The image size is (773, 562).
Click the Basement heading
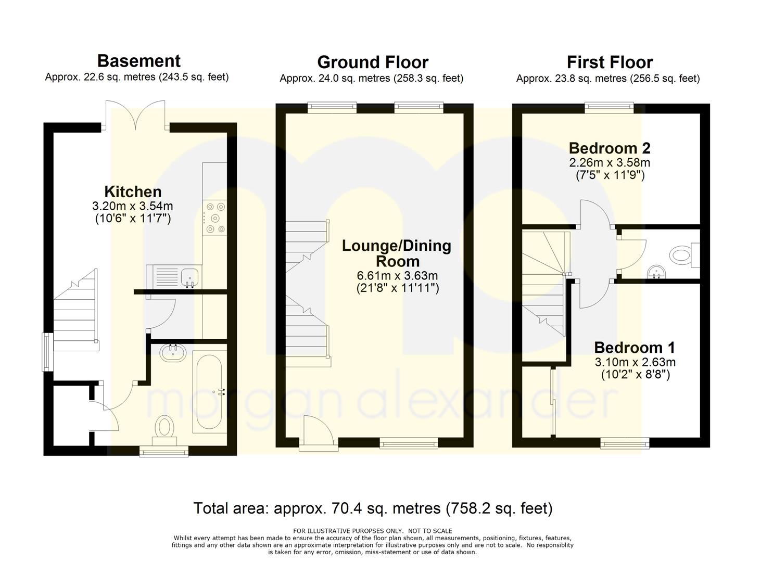pyautogui.click(x=139, y=61)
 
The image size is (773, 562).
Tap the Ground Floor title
pyautogui.click(x=373, y=62)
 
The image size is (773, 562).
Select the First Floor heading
pyautogui.click(x=610, y=62)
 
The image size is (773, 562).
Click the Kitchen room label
pyautogui.click(x=133, y=191)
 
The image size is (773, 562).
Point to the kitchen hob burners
pyautogui.click(x=216, y=218)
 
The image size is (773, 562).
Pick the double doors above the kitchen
pyautogui.click(x=135, y=116)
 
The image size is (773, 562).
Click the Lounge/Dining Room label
pyautogui.click(x=397, y=253)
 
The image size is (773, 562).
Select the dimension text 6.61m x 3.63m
pyautogui.click(x=397, y=276)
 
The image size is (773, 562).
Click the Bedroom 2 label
pyautogui.click(x=610, y=148)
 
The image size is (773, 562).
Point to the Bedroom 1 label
pyautogui.click(x=634, y=348)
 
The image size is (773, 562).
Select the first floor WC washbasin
pyautogui.click(x=657, y=272)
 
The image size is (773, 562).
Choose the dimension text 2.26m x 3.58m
pyautogui.click(x=610, y=162)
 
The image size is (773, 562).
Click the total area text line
pyautogui.click(x=373, y=508)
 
